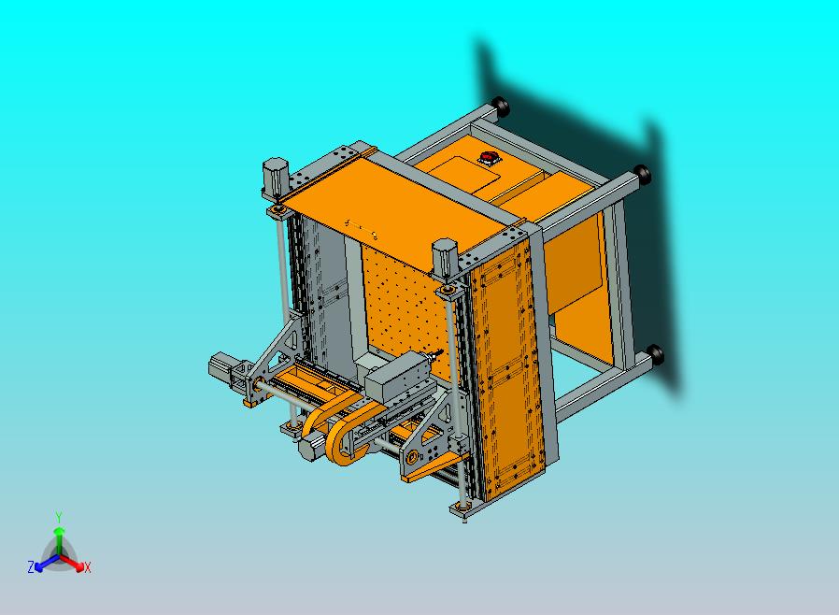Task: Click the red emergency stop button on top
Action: (x=488, y=156)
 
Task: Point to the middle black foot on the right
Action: (x=642, y=173)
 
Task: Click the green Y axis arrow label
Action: (x=59, y=517)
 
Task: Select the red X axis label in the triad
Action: (x=87, y=567)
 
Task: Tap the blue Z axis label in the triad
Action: (x=31, y=566)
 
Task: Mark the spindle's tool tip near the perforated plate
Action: (x=434, y=355)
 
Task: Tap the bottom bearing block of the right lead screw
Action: (x=460, y=508)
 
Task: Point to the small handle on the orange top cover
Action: (x=360, y=224)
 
